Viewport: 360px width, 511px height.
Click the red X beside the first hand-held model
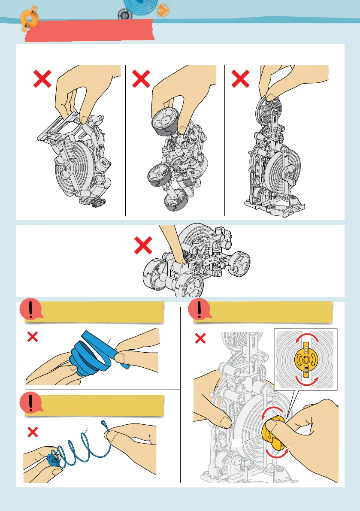pos(43,80)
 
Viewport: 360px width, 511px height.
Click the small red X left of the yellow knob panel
pos(200,339)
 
